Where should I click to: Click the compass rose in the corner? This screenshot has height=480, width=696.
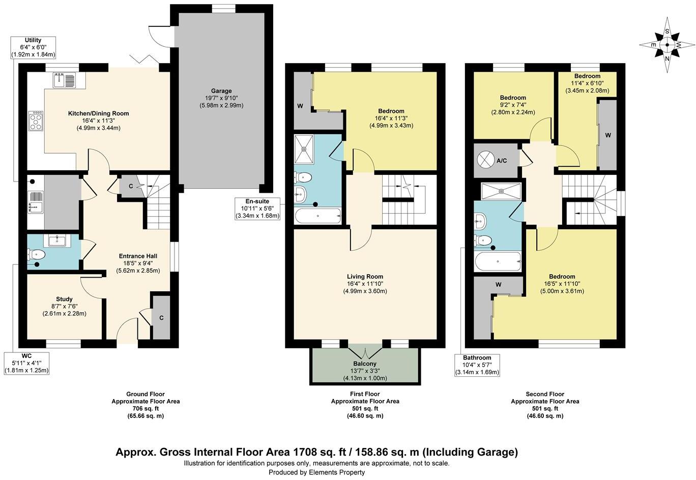click(666, 45)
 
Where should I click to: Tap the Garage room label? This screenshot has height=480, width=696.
click(221, 98)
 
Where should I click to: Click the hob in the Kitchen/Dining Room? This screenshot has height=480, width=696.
click(37, 121)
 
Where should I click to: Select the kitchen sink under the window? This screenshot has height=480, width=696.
click(63, 80)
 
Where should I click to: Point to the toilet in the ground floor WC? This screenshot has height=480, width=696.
click(38, 254)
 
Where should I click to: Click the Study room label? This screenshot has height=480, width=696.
click(64, 306)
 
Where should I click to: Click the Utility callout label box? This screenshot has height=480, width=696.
click(33, 47)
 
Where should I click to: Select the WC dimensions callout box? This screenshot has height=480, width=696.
click(26, 363)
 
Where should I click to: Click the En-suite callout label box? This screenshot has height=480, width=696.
click(257, 209)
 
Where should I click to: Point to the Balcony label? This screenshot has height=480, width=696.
click(365, 371)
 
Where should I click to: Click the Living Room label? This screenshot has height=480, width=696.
click(365, 284)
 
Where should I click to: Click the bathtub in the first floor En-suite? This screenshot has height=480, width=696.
click(317, 216)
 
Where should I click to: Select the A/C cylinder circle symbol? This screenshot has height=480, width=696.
click(486, 160)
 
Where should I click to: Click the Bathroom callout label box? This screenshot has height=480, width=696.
click(477, 365)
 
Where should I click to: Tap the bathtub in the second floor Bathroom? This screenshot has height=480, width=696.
click(498, 262)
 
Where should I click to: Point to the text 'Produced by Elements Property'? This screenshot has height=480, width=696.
click(316, 472)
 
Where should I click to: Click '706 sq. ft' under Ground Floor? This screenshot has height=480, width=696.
click(146, 408)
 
